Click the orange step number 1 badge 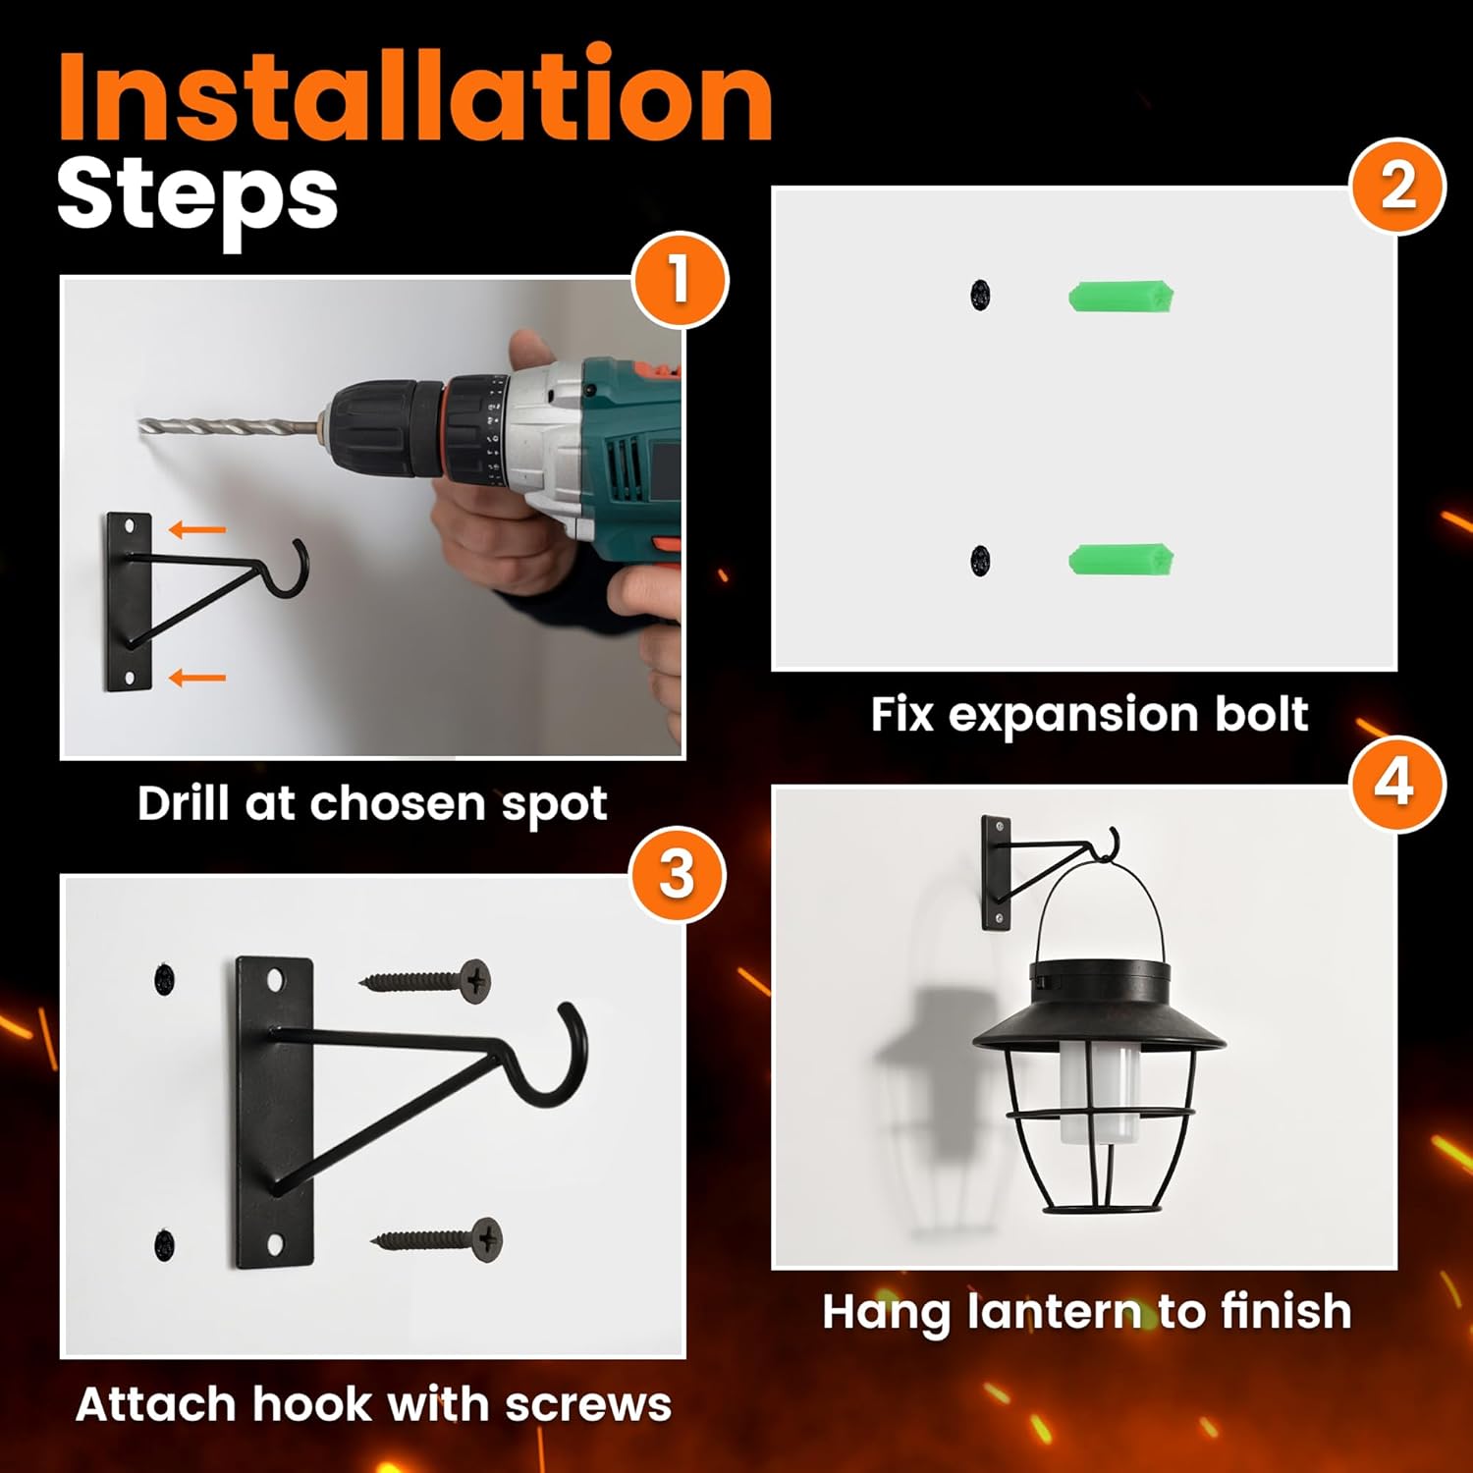[680, 280]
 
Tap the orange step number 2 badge [1398, 187]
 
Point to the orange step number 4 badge [1397, 784]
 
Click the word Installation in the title [415, 95]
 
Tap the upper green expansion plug [1121, 297]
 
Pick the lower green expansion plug [1121, 559]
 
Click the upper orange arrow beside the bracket [197, 530]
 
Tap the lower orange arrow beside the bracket [197, 678]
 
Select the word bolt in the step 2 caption [1262, 714]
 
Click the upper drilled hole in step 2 [980, 294]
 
